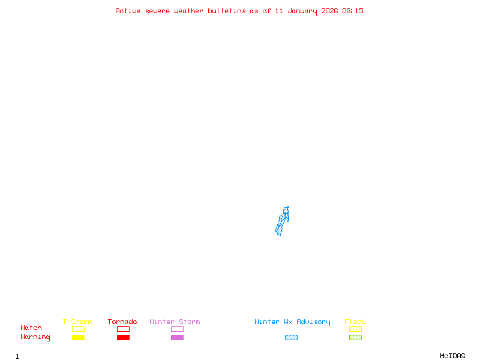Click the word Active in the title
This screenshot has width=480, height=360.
(x=128, y=11)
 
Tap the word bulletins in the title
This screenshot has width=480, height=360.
(x=227, y=11)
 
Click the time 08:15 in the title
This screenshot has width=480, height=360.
(x=353, y=11)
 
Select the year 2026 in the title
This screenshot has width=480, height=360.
(x=330, y=11)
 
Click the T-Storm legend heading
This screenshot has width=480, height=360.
(x=77, y=322)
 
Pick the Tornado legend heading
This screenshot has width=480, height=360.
(x=122, y=322)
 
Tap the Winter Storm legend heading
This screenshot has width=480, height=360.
(x=175, y=322)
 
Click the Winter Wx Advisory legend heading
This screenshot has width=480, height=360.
(x=292, y=322)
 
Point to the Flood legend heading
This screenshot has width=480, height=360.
(x=355, y=322)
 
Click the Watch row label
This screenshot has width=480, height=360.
(x=31, y=328)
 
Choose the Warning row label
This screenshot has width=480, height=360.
(x=35, y=337)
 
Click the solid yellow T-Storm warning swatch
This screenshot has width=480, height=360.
(x=78, y=338)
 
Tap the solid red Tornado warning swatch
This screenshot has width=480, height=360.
(x=123, y=338)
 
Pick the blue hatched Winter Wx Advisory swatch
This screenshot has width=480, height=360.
(x=291, y=338)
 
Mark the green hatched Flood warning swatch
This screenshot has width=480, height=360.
(x=355, y=338)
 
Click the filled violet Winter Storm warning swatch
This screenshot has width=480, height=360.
(x=177, y=338)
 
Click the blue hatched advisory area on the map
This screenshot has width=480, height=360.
(x=282, y=221)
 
